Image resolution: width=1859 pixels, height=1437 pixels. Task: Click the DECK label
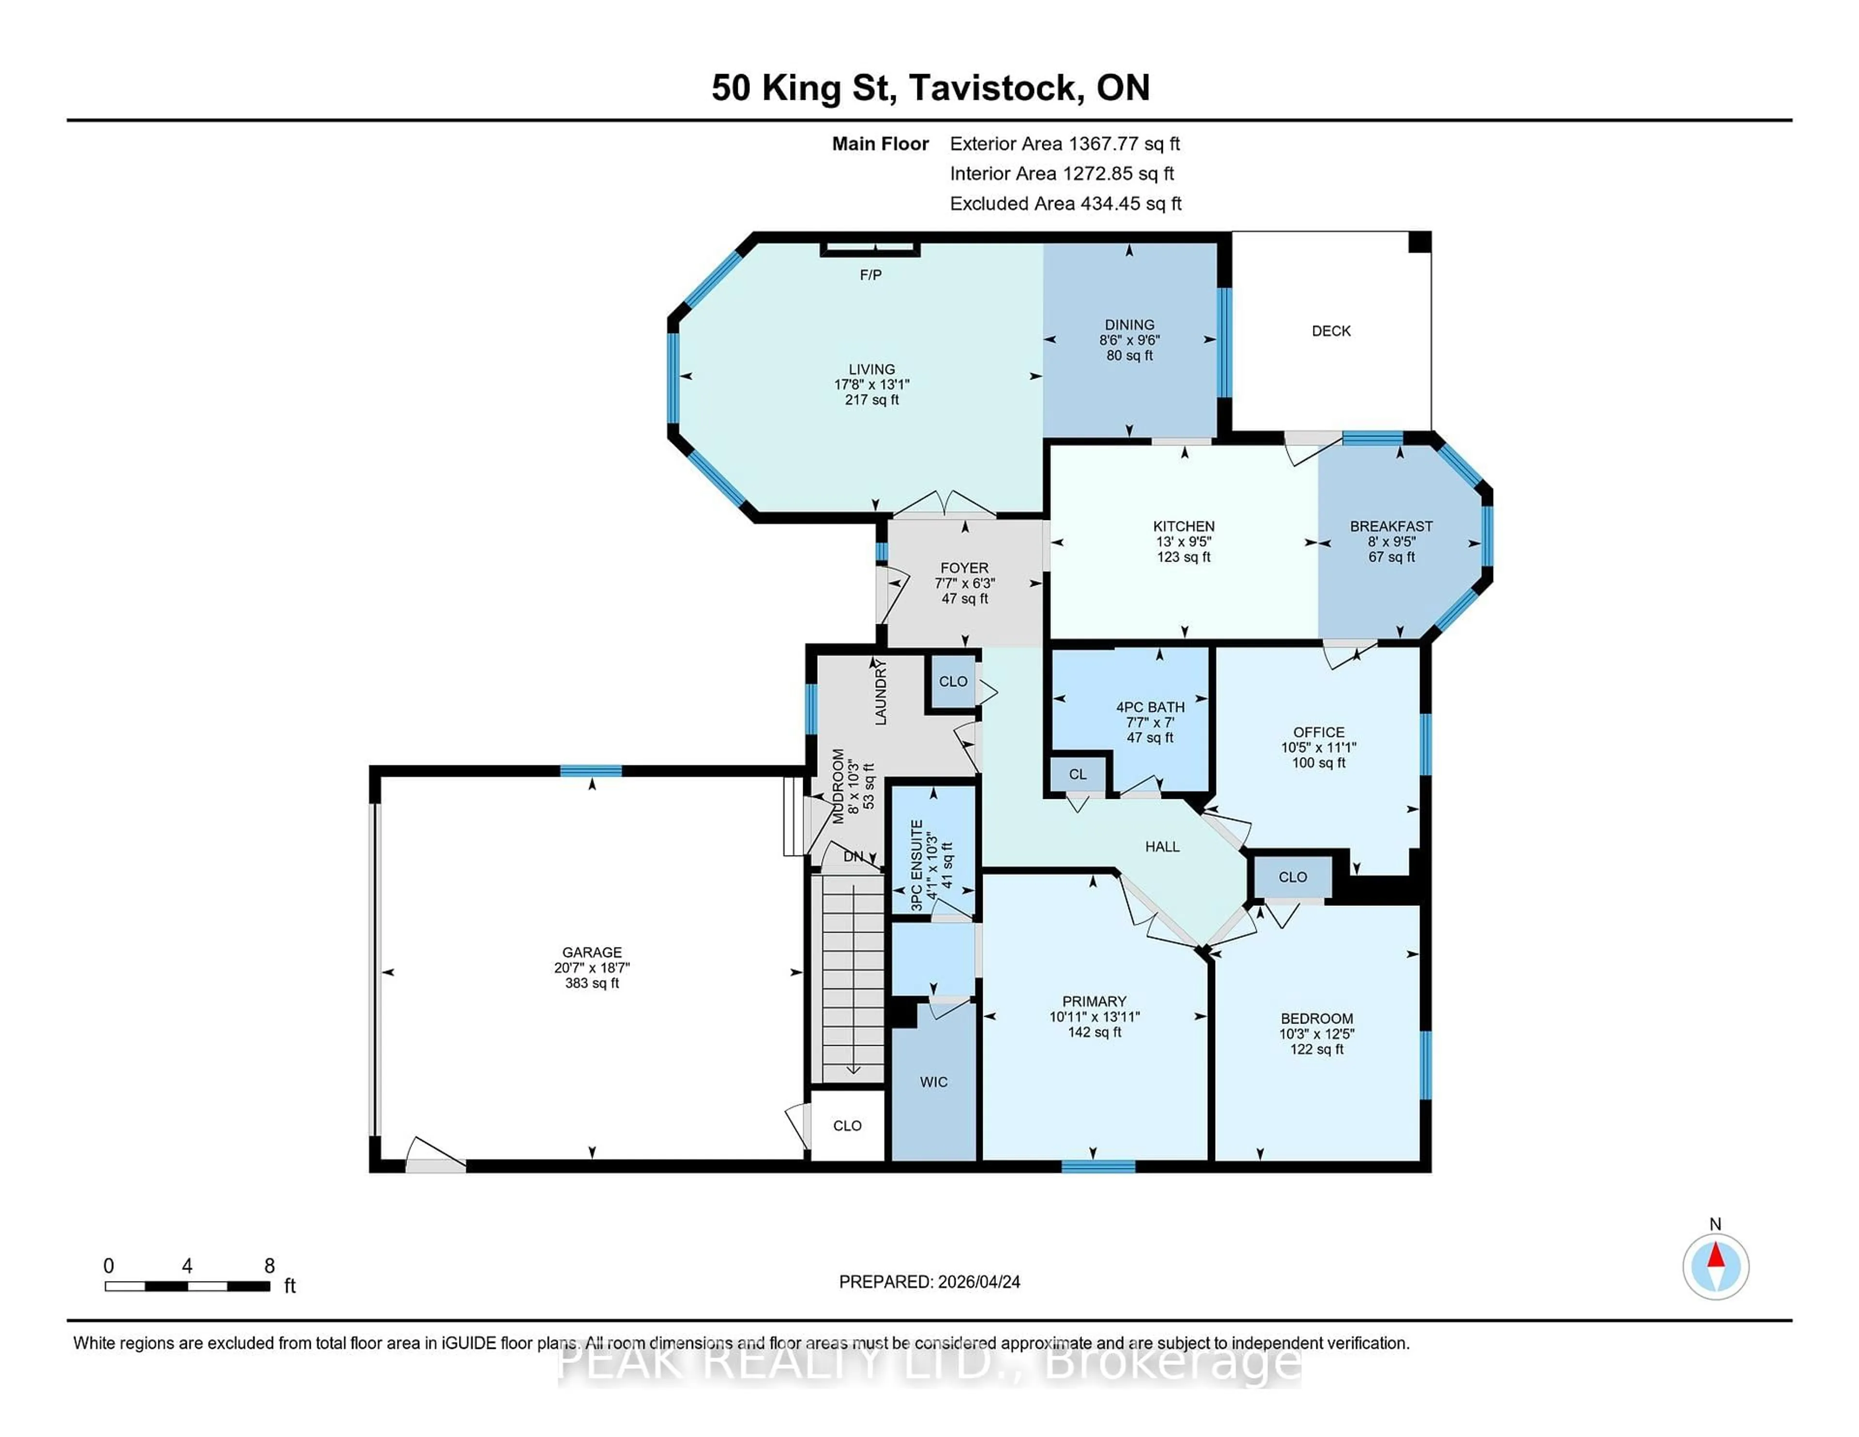tap(1330, 331)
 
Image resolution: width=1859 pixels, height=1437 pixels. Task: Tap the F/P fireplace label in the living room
tap(870, 275)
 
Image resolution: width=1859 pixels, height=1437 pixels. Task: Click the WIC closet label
tap(933, 1082)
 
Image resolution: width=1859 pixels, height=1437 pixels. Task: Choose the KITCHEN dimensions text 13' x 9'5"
tap(1183, 541)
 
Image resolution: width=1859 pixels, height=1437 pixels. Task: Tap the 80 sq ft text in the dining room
tap(1129, 355)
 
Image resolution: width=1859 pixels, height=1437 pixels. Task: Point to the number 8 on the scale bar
tap(269, 1266)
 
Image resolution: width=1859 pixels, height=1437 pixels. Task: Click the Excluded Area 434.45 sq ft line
tap(1065, 203)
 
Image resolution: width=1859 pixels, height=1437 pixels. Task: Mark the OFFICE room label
tap(1319, 732)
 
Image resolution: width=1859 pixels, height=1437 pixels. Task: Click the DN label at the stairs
tap(853, 856)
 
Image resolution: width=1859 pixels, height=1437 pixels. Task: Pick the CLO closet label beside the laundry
tap(952, 682)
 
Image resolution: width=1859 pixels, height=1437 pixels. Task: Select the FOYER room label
tap(964, 568)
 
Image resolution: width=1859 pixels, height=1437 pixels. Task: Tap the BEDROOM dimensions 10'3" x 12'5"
tap(1317, 1034)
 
